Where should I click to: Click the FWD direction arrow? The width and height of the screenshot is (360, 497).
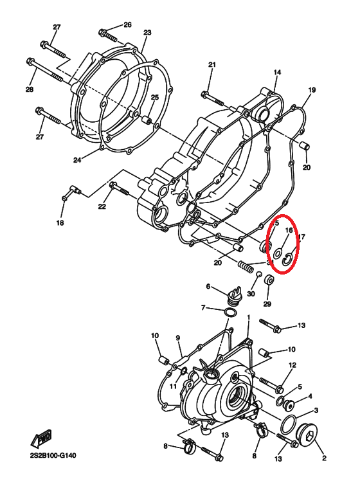tap(40, 438)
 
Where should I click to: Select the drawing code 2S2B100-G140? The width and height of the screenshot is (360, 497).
tap(53, 455)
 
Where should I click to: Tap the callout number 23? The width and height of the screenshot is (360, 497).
tap(147, 32)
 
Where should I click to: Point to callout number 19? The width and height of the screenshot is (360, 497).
tap(312, 90)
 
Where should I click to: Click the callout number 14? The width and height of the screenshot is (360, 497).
tap(277, 72)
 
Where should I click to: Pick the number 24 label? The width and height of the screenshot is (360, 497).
tap(77, 160)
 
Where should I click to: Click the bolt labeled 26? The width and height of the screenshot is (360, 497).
tap(108, 35)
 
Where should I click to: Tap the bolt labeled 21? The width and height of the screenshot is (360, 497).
tap(212, 98)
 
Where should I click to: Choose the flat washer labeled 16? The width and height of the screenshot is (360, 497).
tap(278, 253)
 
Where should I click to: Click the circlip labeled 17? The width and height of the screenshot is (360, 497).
tap(286, 260)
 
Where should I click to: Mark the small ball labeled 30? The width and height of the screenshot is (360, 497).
tap(259, 274)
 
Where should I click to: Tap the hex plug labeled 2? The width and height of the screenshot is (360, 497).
tap(306, 433)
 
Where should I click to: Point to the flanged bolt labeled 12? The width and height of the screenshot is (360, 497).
tap(271, 384)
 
